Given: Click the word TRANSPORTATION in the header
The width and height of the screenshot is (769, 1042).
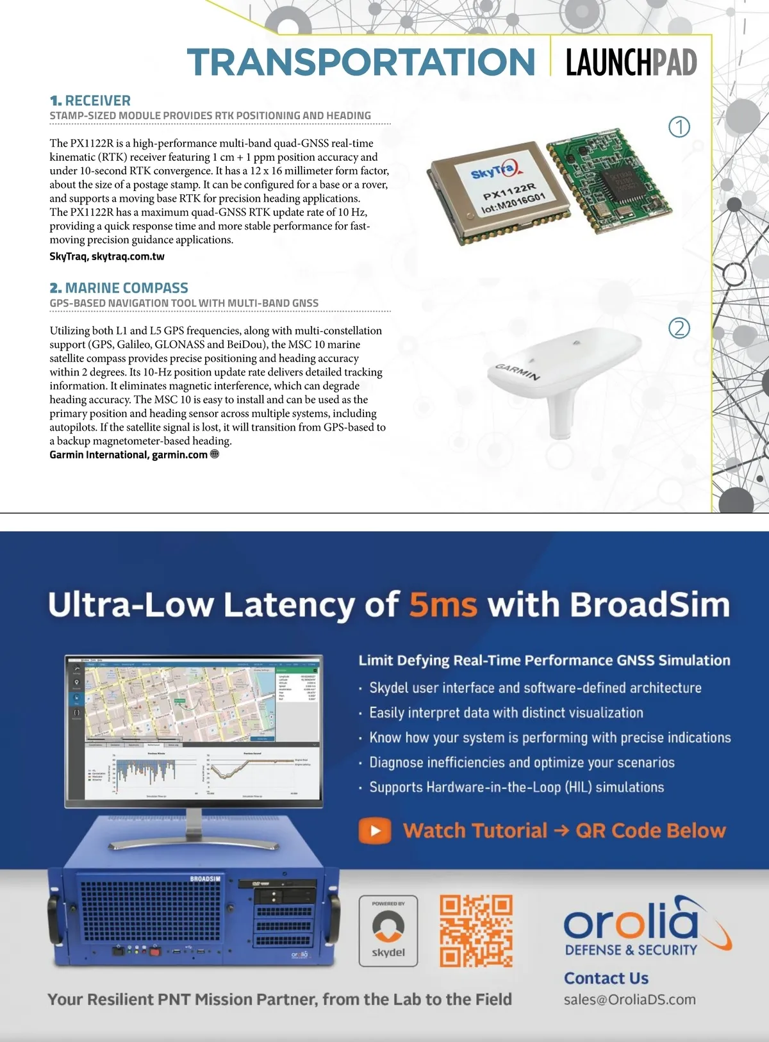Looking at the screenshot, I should click(361, 62).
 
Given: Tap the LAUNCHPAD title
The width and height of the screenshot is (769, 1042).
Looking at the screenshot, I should click(631, 63).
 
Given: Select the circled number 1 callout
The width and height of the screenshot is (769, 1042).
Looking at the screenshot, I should click(679, 127).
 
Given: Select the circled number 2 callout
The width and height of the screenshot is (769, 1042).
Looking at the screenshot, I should click(679, 328).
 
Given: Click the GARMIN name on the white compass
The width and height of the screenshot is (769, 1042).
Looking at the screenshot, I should click(518, 372).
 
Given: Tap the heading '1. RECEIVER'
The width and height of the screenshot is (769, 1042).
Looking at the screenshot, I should click(90, 101).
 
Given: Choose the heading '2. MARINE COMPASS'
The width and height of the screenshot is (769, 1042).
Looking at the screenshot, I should click(119, 288).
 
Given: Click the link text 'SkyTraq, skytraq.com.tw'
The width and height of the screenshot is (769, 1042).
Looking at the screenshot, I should click(107, 256).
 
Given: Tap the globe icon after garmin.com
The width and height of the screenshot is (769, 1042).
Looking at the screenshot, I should click(215, 454).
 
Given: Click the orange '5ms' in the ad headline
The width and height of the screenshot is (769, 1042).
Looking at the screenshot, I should click(443, 604).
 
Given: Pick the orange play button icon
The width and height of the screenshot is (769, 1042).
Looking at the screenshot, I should click(375, 831).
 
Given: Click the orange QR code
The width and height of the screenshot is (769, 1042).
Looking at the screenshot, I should click(476, 931).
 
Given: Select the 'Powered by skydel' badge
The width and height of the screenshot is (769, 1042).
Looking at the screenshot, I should click(388, 931).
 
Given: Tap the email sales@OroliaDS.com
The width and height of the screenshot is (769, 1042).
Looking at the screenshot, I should click(629, 1000).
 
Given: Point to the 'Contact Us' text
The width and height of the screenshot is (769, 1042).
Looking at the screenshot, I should click(606, 979).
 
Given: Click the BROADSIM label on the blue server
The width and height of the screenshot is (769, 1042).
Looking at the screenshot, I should click(205, 879).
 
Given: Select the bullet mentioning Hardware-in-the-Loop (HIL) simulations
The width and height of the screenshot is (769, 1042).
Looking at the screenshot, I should click(516, 788).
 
